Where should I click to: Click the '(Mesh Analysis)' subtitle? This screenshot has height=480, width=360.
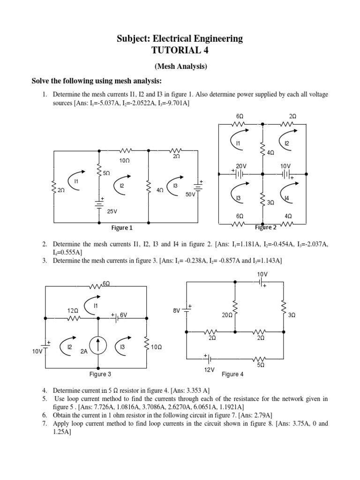click(180, 67)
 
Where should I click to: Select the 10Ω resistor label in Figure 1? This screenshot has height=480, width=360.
click(124, 160)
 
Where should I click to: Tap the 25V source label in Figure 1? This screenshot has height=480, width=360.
click(112, 211)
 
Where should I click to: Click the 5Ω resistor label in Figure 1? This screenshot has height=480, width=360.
click(106, 173)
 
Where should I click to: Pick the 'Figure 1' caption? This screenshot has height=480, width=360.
click(122, 228)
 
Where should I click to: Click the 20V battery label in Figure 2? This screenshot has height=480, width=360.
click(241, 166)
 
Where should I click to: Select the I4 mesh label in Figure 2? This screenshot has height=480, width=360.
click(287, 198)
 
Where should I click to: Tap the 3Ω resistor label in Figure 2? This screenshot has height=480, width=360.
click(270, 203)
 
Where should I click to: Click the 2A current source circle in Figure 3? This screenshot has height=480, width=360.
click(98, 346)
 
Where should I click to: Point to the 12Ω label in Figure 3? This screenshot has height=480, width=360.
click(72, 311)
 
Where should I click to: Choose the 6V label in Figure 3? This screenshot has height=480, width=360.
click(124, 315)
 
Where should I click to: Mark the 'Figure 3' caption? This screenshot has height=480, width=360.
click(100, 375)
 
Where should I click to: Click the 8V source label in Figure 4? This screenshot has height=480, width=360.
click(177, 310)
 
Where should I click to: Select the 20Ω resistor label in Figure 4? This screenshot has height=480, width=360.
click(227, 315)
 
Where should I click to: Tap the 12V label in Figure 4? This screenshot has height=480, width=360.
click(209, 369)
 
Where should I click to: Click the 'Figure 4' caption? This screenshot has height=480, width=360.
click(232, 375)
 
